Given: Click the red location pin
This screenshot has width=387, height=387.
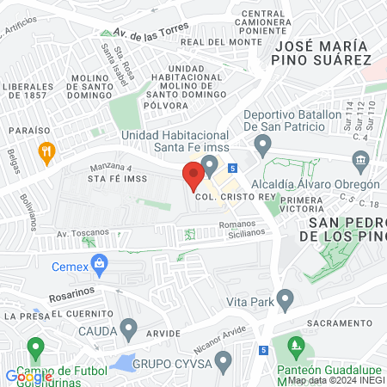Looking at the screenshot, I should pyautogui.click(x=193, y=176).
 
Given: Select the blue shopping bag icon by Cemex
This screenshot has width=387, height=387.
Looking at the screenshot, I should pyautogui.click(x=100, y=264).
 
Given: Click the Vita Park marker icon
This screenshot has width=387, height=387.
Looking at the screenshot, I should pyautogui.click(x=285, y=300).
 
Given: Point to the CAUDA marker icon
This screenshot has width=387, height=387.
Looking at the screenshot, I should pyautogui.click(x=129, y=328).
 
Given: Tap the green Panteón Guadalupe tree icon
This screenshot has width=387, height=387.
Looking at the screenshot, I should pyautogui.click(x=297, y=349).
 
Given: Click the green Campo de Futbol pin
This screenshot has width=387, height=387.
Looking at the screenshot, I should pyautogui.click(x=35, y=349).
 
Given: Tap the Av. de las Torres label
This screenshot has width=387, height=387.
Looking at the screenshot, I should pyautogui.click(x=151, y=32).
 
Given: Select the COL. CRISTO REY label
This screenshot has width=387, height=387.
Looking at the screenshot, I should pyautogui.click(x=228, y=196).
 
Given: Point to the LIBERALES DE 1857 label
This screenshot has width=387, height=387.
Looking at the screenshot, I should pyautogui.click(x=28, y=93).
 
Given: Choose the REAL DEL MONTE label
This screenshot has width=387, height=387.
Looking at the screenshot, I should pyautogui.click(x=232, y=41).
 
